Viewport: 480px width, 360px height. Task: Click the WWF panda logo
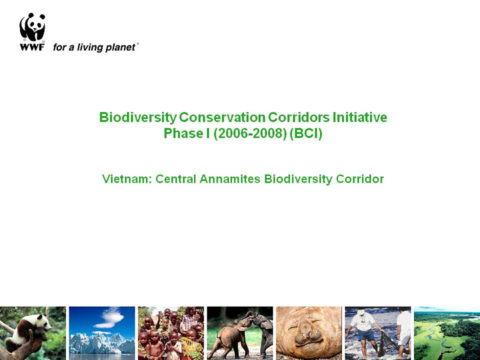(32, 27)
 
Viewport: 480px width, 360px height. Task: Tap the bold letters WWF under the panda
(32, 47)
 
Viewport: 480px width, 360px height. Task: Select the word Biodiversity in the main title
(138, 117)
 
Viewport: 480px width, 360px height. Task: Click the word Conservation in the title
(222, 117)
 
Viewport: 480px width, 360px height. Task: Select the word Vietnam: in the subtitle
(127, 179)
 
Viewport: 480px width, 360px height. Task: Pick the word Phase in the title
(183, 133)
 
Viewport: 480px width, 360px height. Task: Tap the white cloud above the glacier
(109, 318)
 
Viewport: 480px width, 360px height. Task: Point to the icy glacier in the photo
(101, 343)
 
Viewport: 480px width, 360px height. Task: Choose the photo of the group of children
(171, 333)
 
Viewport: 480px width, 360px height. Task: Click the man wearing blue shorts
(364, 331)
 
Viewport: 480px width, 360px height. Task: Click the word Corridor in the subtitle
(360, 179)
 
